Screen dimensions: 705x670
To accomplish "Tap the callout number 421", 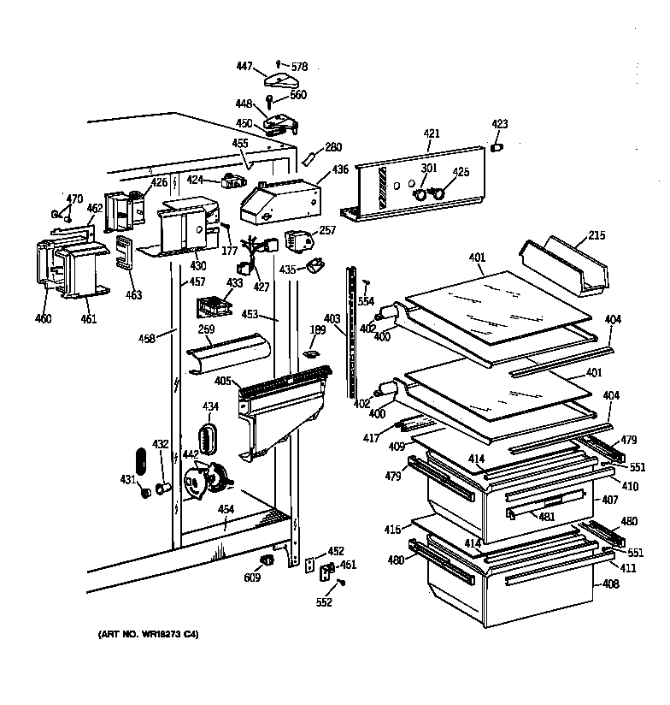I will click(432, 133).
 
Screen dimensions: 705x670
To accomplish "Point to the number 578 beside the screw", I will click(299, 66).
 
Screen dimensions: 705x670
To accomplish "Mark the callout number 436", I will click(340, 169).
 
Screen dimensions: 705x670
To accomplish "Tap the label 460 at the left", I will click(43, 319).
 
